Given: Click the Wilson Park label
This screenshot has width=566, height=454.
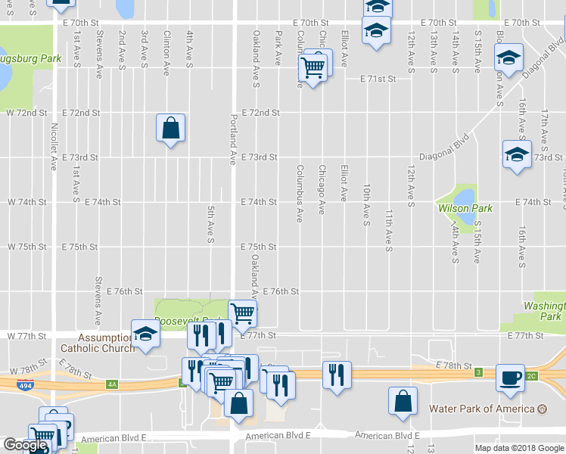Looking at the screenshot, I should point(465,208).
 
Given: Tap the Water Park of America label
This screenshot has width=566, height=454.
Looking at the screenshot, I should point(483,409).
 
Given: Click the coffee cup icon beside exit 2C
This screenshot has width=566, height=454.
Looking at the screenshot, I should point(510,377).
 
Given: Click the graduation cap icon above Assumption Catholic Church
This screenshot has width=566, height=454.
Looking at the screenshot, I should point(145,333).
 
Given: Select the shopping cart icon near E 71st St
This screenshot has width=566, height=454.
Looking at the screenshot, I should point(313,68).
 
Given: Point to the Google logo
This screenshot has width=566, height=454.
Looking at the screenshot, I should point(25,445).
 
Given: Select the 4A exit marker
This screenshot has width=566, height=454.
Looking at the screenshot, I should point(112,384).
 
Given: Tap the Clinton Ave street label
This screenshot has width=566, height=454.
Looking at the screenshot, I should point(166,53).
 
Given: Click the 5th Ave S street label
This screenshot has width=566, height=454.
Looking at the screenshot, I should point(211,225).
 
